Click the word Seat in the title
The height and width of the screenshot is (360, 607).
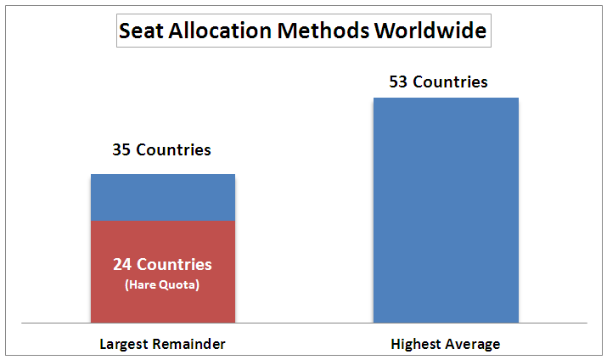point(140,31)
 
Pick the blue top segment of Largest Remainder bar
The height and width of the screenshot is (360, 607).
point(162,197)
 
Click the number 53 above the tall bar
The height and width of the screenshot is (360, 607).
point(399,82)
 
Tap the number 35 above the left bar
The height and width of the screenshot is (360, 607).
point(122,150)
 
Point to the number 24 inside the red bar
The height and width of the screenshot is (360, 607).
point(123,264)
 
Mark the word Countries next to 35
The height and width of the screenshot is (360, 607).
point(173,150)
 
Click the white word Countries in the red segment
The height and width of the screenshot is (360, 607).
point(174,264)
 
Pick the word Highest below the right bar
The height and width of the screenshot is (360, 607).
point(414,345)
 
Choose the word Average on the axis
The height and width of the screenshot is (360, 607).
point(473,345)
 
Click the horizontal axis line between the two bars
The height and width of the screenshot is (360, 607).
point(303,323)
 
